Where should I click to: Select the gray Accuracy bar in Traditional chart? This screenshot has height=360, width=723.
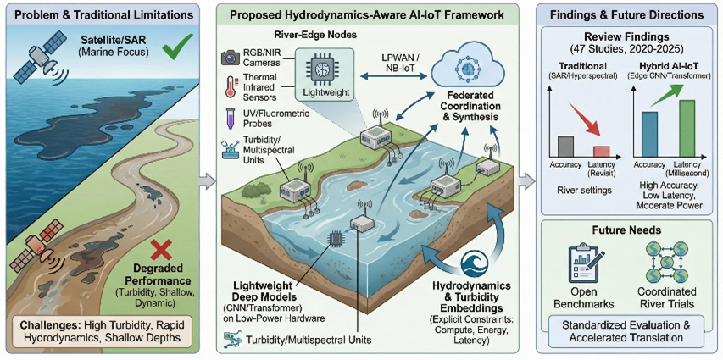566,145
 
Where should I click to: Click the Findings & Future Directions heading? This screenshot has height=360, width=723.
625,15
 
